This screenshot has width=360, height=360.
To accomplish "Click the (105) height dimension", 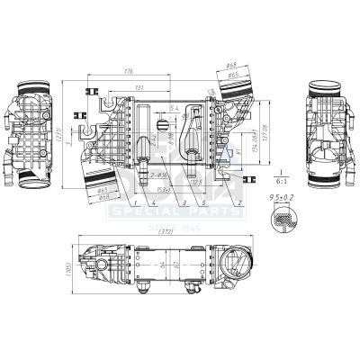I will tap(64, 269).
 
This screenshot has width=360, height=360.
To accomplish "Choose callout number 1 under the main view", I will tap(131, 203).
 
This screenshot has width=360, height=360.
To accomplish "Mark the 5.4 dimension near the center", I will tap(175, 106).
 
